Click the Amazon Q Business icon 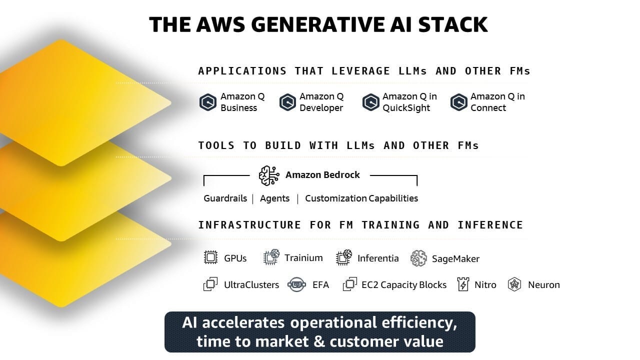coord(208,102)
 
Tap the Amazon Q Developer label coord(321,102)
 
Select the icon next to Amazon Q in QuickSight coord(370,102)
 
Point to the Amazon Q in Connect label coord(497,102)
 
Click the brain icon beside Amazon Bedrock coord(269,175)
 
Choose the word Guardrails coord(225,198)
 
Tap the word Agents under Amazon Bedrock coord(274,198)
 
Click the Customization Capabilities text coord(361,198)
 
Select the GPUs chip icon coord(211,258)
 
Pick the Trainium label coord(303,258)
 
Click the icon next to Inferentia coord(344,258)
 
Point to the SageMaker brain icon coord(418,258)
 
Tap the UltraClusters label coord(251,285)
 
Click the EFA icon coord(296,285)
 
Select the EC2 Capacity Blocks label coord(404,285)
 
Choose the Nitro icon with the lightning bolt coord(463,284)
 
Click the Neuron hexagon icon coord(514,284)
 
